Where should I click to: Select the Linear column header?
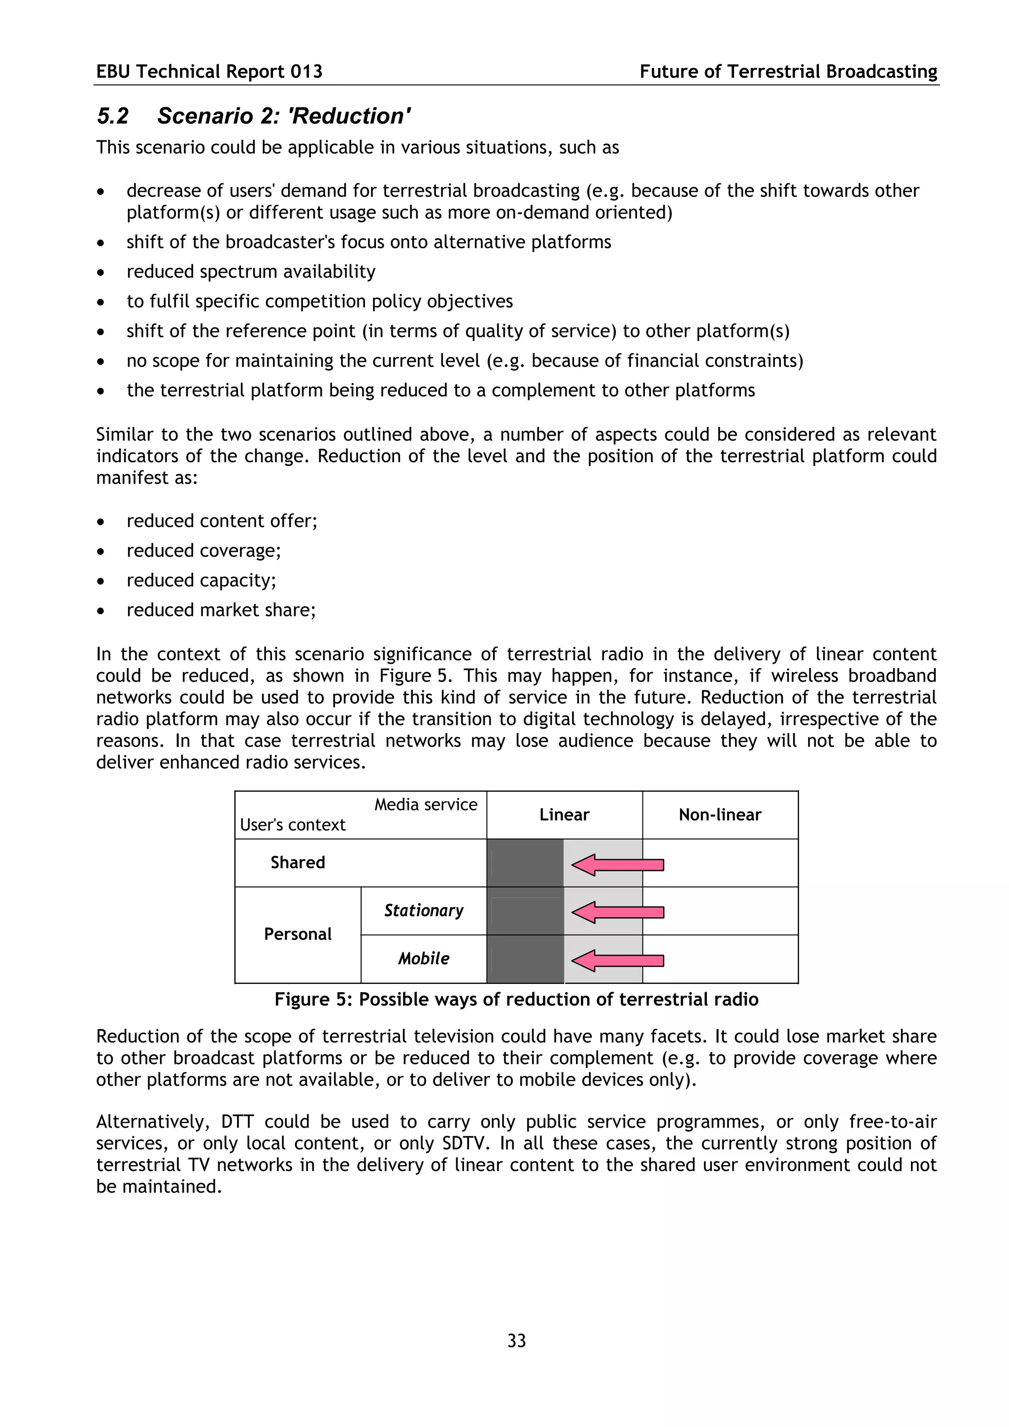[564, 815]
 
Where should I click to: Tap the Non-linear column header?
[719, 815]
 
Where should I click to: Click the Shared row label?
[297, 863]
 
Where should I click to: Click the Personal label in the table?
[297, 934]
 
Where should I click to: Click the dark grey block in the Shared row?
[525, 863]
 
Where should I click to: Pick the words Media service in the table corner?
[425, 805]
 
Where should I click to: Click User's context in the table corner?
[292, 825]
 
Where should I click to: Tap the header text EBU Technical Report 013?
[209, 71]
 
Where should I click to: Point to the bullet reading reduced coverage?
[203, 551]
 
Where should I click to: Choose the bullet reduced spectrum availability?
[251, 272]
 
